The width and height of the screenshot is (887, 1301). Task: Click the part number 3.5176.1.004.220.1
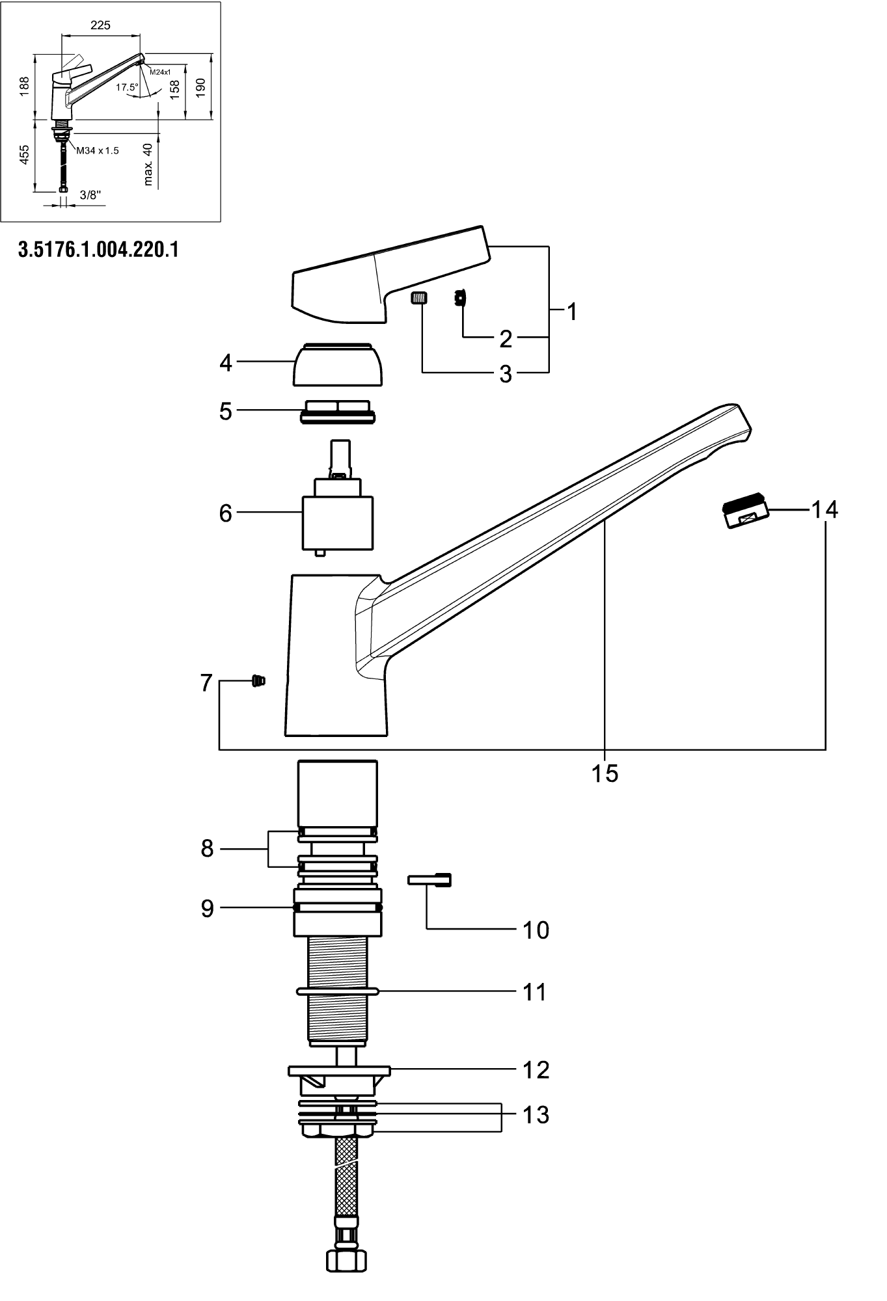[99, 250]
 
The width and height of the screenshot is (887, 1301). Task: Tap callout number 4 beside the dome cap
[226, 363]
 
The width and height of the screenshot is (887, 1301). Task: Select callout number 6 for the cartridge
[226, 513]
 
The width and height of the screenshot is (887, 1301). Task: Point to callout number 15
[605, 773]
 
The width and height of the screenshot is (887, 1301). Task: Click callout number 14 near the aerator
[825, 509]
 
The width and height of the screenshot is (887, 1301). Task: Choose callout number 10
[536, 930]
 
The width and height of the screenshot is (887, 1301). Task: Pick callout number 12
[536, 1070]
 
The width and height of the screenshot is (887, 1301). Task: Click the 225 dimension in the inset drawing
[100, 25]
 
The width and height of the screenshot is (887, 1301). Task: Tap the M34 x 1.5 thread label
[98, 151]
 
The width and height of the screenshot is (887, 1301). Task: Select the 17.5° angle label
[127, 87]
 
